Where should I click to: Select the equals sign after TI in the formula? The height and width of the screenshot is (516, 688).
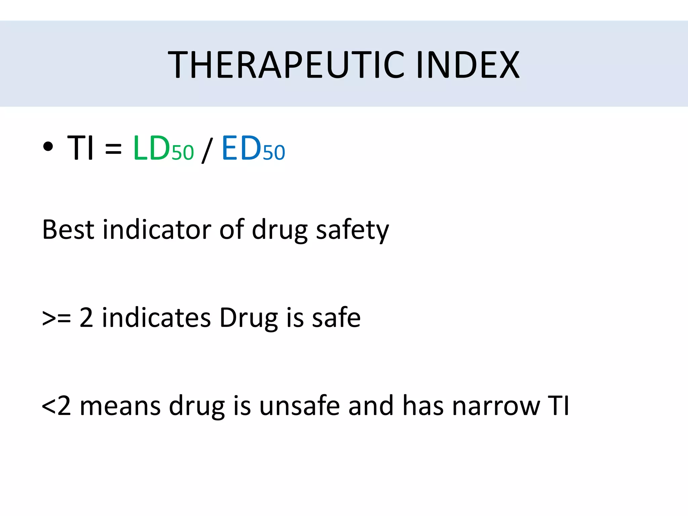point(113,148)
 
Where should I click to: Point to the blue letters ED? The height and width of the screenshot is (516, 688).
point(241,148)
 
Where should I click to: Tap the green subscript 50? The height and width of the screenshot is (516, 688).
point(183,153)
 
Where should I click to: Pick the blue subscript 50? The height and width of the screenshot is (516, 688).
point(274,153)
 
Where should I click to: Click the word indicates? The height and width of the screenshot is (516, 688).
point(156,318)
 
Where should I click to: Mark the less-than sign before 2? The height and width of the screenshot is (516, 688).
point(48,406)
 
